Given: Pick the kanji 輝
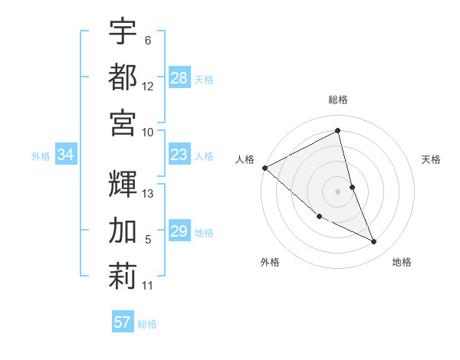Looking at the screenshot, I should click(x=123, y=184).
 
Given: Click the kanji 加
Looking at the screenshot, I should click(x=123, y=230).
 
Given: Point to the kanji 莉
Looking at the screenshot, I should click(x=123, y=276).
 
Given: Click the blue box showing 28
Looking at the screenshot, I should click(x=179, y=78).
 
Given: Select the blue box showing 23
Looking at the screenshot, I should click(x=179, y=155).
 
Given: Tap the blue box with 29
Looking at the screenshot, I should click(x=179, y=231).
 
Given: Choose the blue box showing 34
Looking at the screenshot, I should click(x=66, y=155).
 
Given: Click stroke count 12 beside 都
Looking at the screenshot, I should click(x=148, y=87).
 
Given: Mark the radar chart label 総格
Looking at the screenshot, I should click(x=338, y=100).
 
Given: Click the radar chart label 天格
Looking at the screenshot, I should click(x=432, y=159).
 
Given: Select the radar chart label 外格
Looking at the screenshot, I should click(x=270, y=262).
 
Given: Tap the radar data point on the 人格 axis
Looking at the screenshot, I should click(x=264, y=168).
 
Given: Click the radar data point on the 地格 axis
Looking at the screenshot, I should click(x=374, y=242).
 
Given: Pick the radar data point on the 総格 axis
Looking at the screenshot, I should click(x=338, y=133).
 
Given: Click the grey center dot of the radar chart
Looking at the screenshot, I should click(x=338, y=191).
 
